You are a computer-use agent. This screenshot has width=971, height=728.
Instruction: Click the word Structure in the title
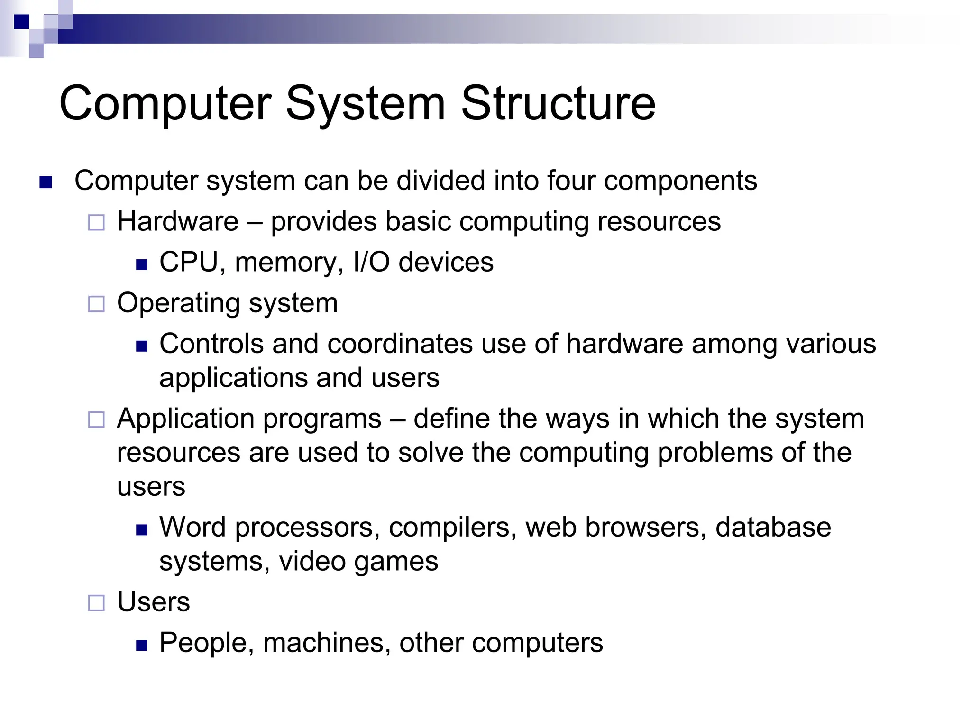pos(558,103)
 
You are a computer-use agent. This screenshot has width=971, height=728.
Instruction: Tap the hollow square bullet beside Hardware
pos(96,222)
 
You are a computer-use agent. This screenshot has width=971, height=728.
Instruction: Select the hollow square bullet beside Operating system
pos(96,304)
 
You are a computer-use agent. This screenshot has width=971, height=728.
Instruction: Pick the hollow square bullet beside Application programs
pos(96,419)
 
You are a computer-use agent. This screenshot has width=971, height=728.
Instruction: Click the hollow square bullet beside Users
pos(96,603)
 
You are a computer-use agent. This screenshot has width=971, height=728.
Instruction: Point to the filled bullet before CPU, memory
pos(141,264)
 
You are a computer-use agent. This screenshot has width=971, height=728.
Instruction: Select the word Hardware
pos(178,221)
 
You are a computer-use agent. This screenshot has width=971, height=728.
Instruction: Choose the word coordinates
pos(400,344)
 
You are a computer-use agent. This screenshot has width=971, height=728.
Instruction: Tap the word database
pos(773,527)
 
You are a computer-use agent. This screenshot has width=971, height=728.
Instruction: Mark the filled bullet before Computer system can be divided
pos(46,182)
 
